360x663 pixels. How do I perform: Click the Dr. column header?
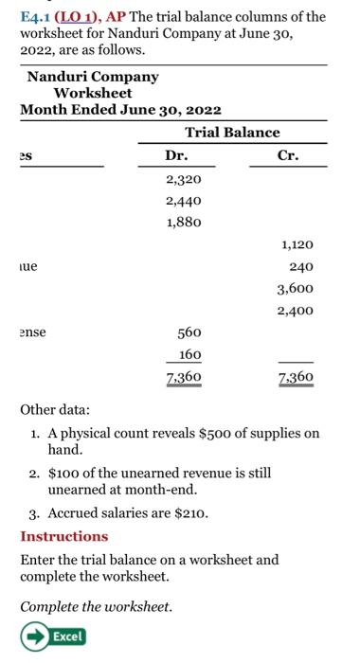(176, 155)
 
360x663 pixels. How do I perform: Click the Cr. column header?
(288, 155)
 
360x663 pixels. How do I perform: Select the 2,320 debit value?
(183, 178)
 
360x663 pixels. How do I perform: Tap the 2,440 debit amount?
(183, 200)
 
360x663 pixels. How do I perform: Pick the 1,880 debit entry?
(183, 223)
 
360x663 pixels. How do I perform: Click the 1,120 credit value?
(295, 244)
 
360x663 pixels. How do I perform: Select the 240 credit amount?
(300, 267)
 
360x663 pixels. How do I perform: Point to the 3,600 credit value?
(295, 289)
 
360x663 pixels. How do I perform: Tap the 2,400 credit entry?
(295, 311)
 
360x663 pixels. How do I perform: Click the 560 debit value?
(189, 332)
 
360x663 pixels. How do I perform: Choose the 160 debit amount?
(189, 355)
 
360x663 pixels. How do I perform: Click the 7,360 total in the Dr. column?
(183, 378)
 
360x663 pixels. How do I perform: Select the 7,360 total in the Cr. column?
(295, 378)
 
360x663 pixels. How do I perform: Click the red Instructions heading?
(64, 536)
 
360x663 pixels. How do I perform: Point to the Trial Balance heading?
(232, 133)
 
